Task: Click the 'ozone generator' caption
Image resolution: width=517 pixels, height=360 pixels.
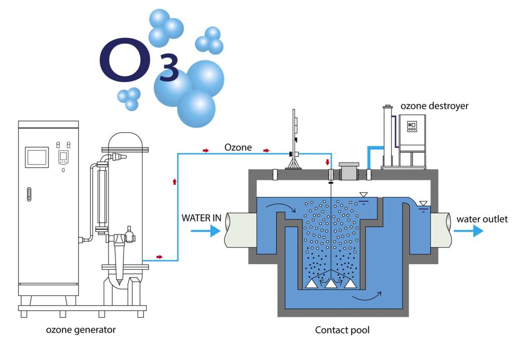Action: (81, 330)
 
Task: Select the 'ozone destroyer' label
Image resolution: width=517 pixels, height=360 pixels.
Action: (434, 106)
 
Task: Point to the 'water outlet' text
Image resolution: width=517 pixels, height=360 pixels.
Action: (482, 219)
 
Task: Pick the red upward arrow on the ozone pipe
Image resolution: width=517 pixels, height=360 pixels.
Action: (175, 180)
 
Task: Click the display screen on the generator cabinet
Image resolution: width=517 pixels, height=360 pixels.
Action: (37, 157)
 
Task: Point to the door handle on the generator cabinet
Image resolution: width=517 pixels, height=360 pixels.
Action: (29, 193)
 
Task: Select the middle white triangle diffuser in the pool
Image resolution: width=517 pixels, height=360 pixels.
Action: (331, 284)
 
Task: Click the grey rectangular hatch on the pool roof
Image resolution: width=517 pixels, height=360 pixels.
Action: (349, 173)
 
